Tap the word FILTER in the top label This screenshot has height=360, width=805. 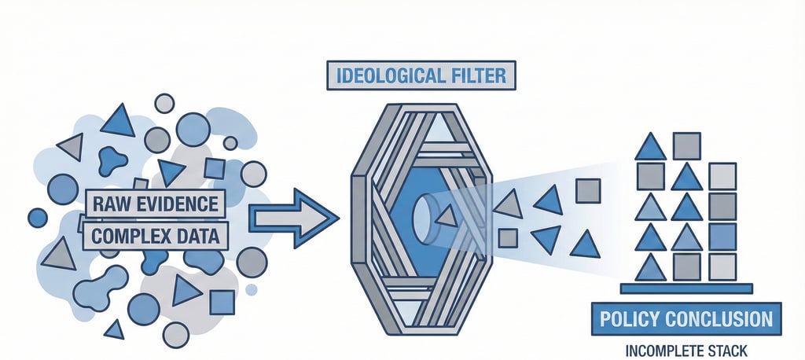pyautogui.click(x=479, y=77)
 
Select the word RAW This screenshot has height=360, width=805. pyautogui.click(x=110, y=204)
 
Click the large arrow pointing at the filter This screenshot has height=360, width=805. pyautogui.click(x=291, y=217)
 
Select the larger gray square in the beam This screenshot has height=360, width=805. pyautogui.click(x=588, y=190)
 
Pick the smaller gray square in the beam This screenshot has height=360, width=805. pyautogui.click(x=508, y=237)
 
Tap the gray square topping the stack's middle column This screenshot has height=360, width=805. pyautogui.click(x=687, y=145)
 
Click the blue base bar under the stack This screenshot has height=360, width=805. pyautogui.click(x=686, y=288)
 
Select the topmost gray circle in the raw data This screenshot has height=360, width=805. pyautogui.click(x=164, y=103)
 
